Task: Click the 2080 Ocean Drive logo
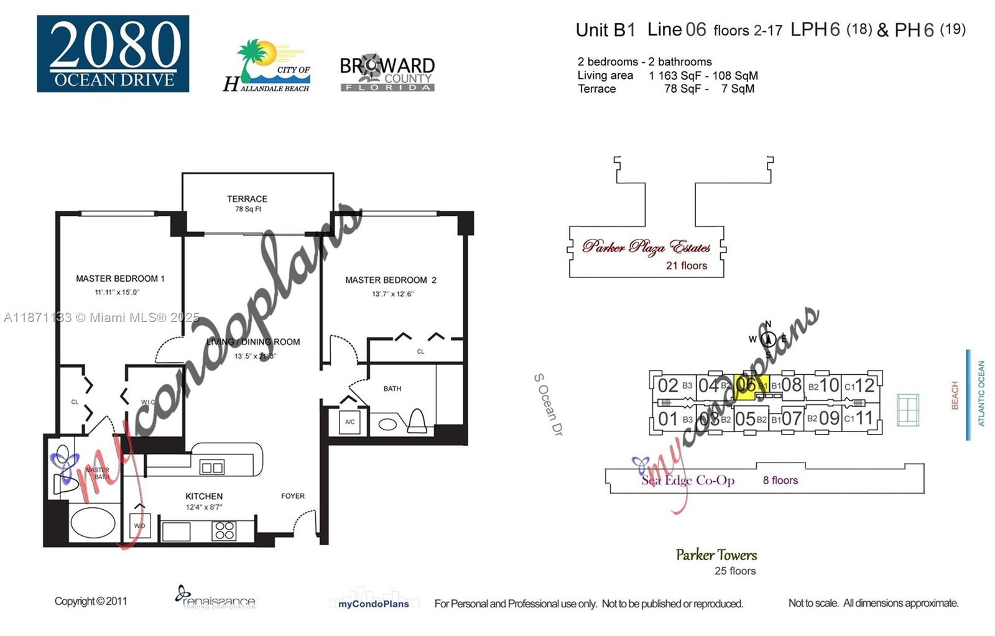113,53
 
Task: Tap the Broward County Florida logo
387,74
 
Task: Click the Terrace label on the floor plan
247,200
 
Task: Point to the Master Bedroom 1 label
120,279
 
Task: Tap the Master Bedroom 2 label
391,280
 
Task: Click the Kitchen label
204,496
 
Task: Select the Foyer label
292,496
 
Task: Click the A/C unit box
350,422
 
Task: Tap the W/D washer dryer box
140,525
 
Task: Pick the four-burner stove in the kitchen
224,531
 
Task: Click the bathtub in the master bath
93,522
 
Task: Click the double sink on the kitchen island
212,467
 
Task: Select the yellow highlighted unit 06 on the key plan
751,385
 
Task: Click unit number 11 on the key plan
864,418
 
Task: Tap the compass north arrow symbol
768,339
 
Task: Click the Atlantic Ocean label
981,394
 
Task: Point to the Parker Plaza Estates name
646,247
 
